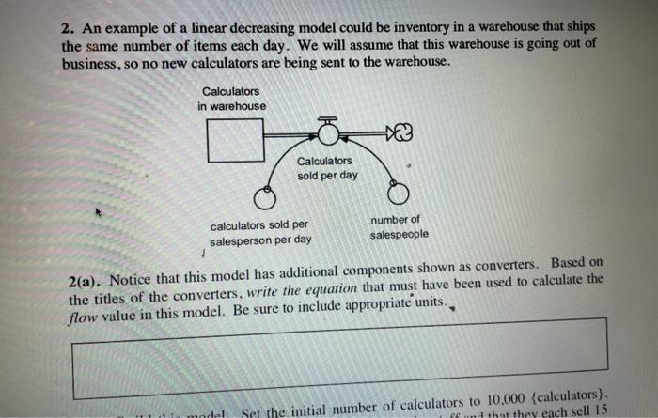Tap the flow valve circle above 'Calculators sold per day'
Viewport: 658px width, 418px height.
(x=328, y=134)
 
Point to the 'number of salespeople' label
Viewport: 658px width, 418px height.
(x=399, y=226)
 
